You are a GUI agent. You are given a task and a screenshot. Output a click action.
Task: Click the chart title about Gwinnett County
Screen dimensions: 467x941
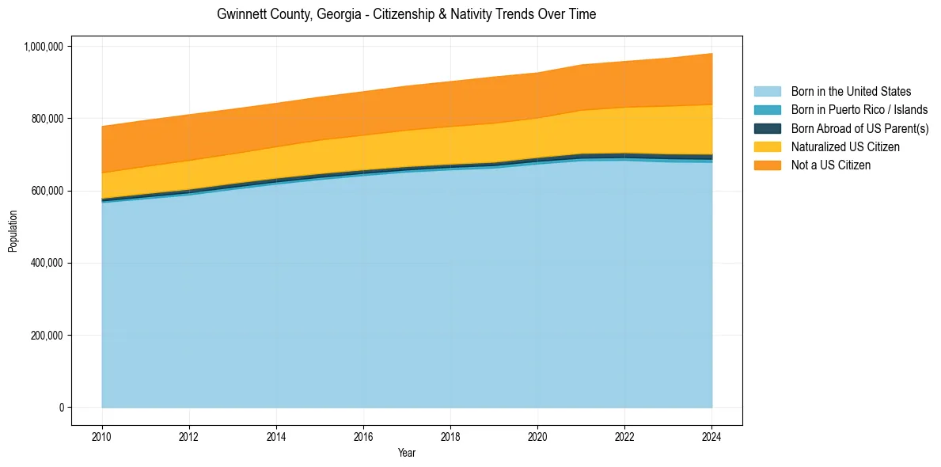(x=406, y=14)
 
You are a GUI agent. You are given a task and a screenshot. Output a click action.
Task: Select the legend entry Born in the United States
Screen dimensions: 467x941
(x=851, y=92)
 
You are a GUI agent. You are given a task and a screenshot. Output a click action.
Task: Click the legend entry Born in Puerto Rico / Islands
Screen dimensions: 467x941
(x=859, y=110)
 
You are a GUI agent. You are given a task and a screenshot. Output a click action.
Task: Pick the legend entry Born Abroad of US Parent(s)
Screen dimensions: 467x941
(x=859, y=128)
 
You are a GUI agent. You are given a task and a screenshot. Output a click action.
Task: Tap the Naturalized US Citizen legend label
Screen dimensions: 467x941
(x=845, y=146)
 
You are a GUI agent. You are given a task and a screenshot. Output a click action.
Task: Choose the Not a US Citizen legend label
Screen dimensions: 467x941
(x=830, y=165)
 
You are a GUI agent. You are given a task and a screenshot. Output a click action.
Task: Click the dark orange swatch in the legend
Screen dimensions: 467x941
(x=767, y=165)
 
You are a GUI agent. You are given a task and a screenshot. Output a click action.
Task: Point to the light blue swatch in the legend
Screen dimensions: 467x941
(x=767, y=92)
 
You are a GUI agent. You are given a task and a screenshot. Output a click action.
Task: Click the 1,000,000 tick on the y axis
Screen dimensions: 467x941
(x=44, y=47)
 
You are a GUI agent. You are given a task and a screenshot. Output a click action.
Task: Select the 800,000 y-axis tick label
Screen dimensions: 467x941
(x=47, y=119)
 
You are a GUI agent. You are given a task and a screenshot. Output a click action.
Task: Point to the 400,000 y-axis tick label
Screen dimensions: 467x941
(x=47, y=263)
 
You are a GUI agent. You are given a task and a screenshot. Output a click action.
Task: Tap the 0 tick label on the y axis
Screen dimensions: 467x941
(x=60, y=408)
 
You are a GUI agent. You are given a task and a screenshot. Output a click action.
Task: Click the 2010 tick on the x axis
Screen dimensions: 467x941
(x=102, y=436)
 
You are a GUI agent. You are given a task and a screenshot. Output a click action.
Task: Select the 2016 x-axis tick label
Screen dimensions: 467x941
(x=363, y=436)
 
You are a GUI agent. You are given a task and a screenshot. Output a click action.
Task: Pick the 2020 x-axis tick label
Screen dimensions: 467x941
(x=537, y=436)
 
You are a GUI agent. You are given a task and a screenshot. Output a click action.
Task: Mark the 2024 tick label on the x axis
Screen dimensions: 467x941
(x=711, y=436)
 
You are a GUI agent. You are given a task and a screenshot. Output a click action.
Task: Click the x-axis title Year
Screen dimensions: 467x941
(x=407, y=454)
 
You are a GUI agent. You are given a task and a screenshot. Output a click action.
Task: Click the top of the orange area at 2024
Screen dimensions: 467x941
(x=711, y=54)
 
